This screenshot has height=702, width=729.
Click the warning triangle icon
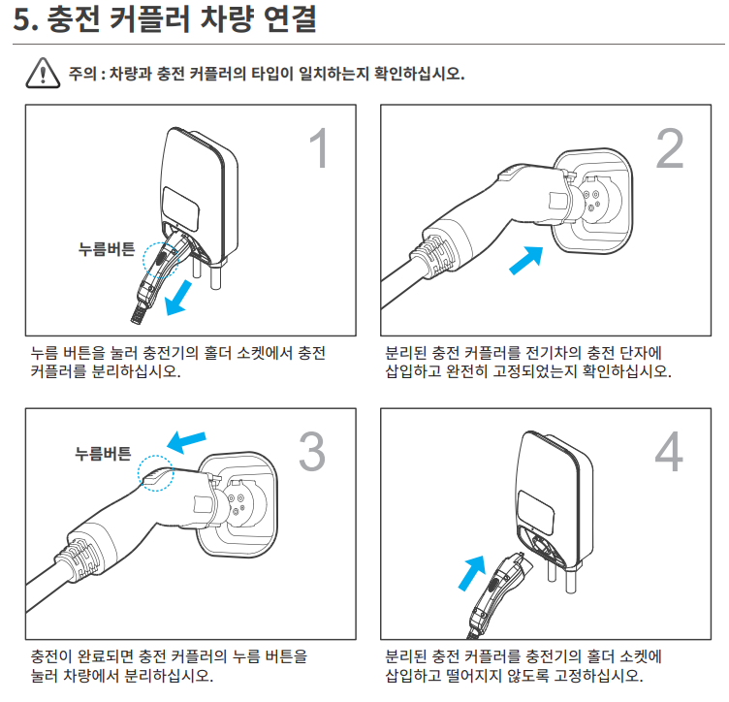pos(45,74)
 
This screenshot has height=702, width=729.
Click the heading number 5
pos(24,22)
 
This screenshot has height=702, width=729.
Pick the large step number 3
pos(312,452)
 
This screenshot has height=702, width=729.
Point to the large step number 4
pos(669,452)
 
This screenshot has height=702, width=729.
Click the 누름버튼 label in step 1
pos(108,248)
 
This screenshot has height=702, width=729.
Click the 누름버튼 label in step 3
pos(103,453)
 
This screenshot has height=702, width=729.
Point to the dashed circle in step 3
pos(154,473)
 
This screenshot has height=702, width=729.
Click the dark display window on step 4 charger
pos(535,509)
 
